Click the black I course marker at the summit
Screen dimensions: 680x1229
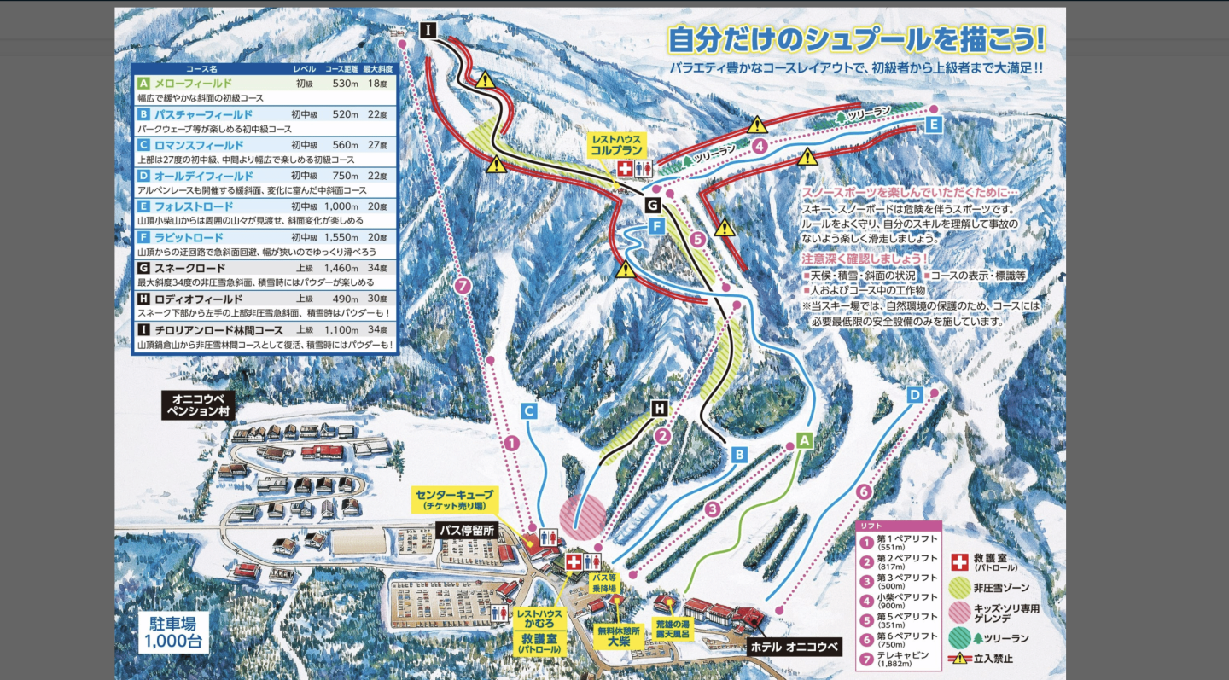point(428,31)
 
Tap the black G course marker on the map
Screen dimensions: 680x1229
point(652,206)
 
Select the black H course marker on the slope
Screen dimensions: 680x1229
point(659,409)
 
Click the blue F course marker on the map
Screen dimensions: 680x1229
point(656,226)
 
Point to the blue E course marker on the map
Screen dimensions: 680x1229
point(933,125)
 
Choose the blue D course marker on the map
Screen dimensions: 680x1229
point(915,395)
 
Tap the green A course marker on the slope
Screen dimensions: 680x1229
point(803,440)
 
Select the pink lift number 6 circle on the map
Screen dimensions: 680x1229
point(864,491)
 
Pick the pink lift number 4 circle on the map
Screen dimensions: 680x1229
point(760,145)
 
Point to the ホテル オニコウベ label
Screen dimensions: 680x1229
point(794,646)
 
